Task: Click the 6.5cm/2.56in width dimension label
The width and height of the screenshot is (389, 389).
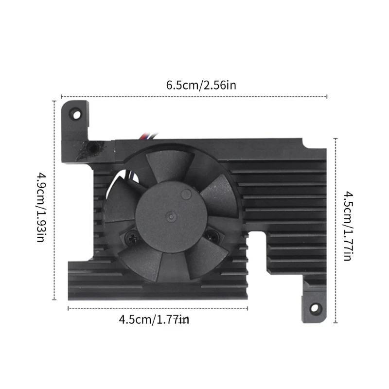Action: pyautogui.click(x=201, y=86)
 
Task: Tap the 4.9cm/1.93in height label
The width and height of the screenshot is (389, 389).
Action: pyautogui.click(x=41, y=207)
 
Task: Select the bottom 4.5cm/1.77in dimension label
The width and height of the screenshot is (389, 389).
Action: pyautogui.click(x=154, y=319)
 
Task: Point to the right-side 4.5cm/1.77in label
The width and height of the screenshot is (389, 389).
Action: pyautogui.click(x=348, y=226)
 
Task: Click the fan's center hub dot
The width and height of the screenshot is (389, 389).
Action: pyautogui.click(x=171, y=216)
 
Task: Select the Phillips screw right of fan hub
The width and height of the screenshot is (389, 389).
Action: pyautogui.click(x=212, y=235)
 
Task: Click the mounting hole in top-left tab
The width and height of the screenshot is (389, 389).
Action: pyautogui.click(x=77, y=115)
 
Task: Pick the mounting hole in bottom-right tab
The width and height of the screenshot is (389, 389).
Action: pyautogui.click(x=315, y=308)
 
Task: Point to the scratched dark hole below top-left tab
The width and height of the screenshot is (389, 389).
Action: pyautogui.click(x=93, y=148)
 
